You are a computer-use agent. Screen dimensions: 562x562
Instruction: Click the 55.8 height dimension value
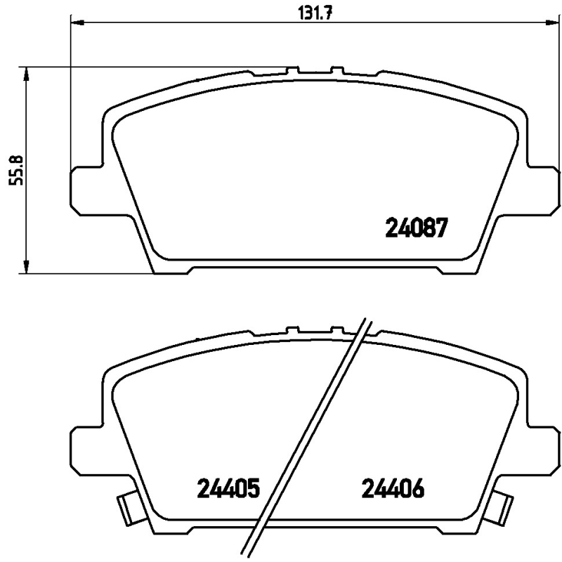pos(15,170)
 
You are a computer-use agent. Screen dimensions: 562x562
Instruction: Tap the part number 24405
pos(228,489)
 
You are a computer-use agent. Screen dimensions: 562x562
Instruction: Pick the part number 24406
pos(393,489)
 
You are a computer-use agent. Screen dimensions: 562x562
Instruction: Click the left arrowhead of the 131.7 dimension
pos(77,23)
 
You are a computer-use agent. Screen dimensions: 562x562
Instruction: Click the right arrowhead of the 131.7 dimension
pos(551,23)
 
